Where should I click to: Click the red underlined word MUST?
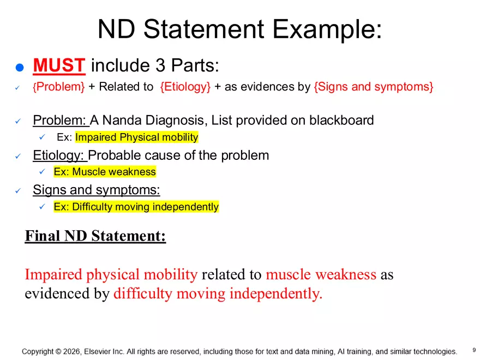59,65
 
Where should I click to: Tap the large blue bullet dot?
20,67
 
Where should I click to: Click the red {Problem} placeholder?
59,87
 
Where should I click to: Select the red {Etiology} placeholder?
185,87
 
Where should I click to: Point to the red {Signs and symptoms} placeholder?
374,87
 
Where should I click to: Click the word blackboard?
341,120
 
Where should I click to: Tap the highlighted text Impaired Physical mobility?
137,137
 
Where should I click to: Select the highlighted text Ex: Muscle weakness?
105,172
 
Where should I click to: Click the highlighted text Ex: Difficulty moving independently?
136,207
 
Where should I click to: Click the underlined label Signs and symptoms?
97,190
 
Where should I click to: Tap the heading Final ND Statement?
95,236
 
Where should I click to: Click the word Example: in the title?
327,29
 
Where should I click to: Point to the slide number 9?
474,350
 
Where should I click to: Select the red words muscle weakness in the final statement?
321,274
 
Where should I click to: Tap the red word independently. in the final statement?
276,293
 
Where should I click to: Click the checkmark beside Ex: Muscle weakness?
42,172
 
